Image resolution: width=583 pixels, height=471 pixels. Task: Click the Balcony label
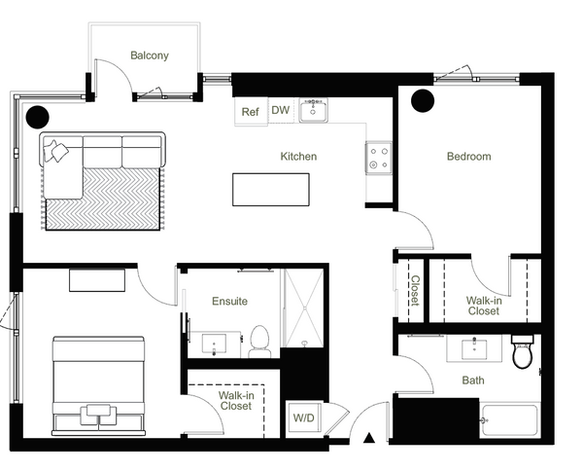[150, 55]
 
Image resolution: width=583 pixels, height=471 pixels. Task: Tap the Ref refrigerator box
[251, 111]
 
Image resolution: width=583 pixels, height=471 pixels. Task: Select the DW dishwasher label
[281, 110]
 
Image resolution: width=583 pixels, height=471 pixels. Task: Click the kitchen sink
[313, 110]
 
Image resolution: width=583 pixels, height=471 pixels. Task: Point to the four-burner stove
[379, 158]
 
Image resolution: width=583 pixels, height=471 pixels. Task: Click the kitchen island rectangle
[271, 190]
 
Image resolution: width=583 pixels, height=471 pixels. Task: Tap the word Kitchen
[298, 156]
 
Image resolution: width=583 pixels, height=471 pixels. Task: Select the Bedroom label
[469, 156]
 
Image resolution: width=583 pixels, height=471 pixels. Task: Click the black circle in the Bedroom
[423, 100]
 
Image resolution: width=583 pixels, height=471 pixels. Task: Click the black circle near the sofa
[38, 117]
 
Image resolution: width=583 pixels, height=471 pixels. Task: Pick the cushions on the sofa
[55, 151]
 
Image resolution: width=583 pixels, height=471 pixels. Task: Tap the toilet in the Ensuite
[259, 342]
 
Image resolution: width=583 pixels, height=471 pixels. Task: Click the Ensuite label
[229, 301]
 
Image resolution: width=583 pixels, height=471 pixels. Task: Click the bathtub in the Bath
[509, 420]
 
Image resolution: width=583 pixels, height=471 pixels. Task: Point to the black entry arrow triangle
[369, 438]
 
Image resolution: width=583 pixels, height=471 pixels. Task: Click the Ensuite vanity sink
[214, 344]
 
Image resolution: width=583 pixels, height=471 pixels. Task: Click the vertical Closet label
[415, 290]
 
